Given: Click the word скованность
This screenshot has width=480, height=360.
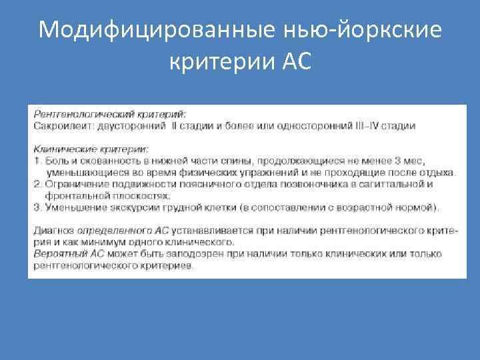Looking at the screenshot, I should pos(105,161).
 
